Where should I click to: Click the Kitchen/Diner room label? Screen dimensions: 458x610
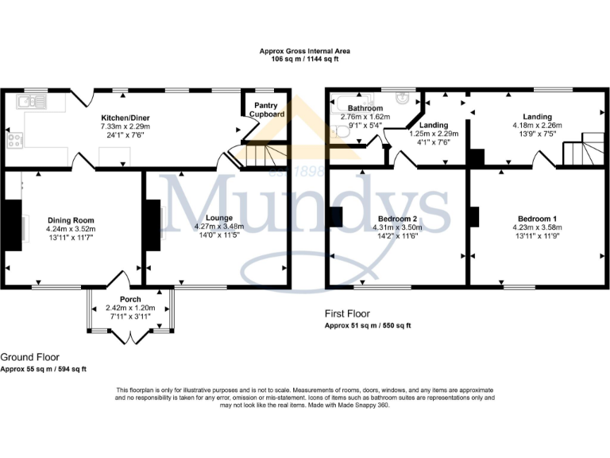(125, 117)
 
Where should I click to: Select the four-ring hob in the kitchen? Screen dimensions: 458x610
(14, 141)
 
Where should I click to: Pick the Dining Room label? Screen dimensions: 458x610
(71, 220)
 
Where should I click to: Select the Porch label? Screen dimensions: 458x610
(130, 299)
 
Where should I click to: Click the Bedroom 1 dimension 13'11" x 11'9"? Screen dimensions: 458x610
(538, 236)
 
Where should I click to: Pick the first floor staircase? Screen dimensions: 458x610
(582, 149)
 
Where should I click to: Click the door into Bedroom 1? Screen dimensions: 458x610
(543, 161)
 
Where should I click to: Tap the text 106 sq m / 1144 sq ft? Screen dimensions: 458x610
(305, 60)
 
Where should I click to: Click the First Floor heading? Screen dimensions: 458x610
(347, 314)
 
